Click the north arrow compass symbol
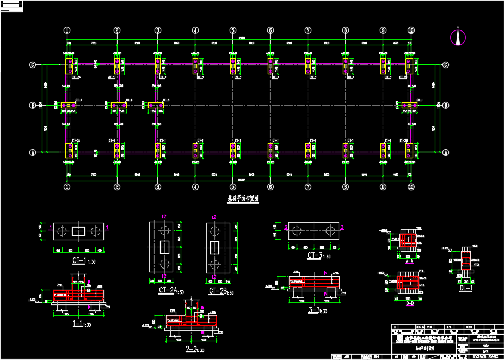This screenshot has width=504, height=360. [x=458, y=37]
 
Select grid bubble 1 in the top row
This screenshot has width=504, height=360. [x=67, y=30]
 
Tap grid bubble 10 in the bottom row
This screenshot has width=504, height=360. [x=411, y=187]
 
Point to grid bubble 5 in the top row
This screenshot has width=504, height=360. [x=232, y=30]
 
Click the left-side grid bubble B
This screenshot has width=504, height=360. [x=33, y=105]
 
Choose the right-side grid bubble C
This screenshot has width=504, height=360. [x=446, y=65]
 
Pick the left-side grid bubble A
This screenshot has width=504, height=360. [x=33, y=153]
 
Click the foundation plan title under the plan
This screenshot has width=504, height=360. [x=243, y=199]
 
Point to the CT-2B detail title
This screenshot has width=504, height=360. [x=218, y=291]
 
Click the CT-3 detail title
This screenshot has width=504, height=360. [x=316, y=255]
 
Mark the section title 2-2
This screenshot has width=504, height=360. [x=191, y=349]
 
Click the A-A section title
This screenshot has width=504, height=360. [x=409, y=261]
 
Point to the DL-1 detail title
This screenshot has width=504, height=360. [x=466, y=288]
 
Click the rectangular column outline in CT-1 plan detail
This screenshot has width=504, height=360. [x=78, y=231]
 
